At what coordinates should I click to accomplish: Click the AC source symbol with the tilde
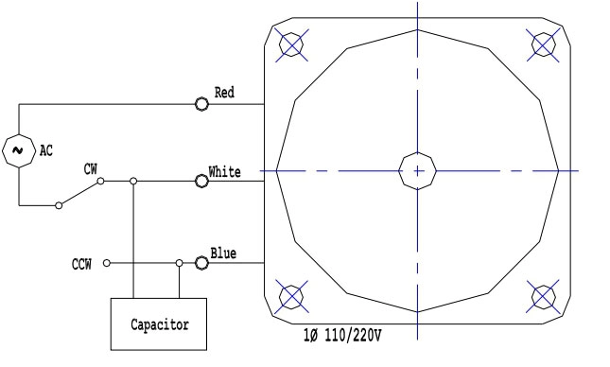(x=18, y=151)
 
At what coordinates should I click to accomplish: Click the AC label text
(x=46, y=150)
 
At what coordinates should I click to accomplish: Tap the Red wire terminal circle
(x=201, y=104)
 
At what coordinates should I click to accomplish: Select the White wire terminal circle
(x=201, y=181)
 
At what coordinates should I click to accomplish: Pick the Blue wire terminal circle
(x=201, y=263)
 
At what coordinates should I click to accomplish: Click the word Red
(x=224, y=93)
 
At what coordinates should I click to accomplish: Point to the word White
(x=224, y=171)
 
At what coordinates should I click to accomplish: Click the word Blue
(x=223, y=253)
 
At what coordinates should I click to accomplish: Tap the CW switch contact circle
(x=100, y=181)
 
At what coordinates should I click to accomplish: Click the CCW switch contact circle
(x=107, y=263)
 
